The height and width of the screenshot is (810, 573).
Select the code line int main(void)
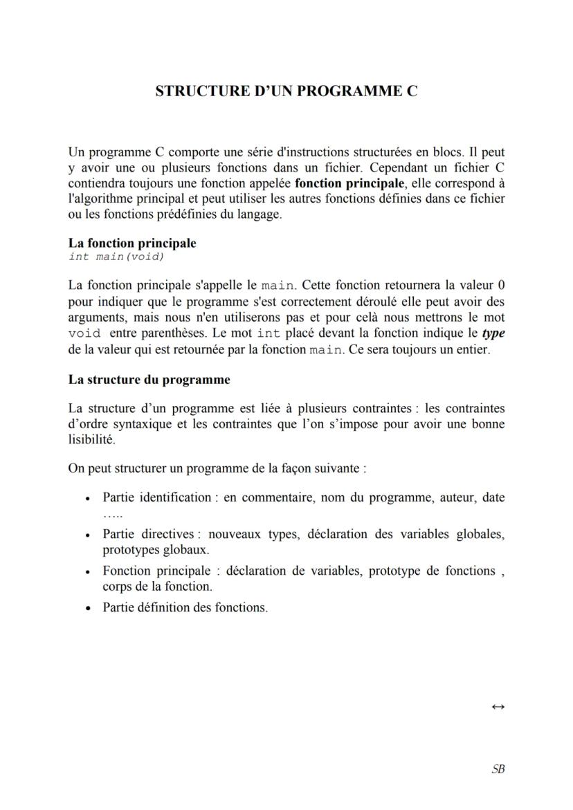[x=116, y=257]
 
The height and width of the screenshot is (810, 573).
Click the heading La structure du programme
[x=149, y=380]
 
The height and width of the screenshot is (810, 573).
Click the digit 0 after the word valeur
[x=501, y=285]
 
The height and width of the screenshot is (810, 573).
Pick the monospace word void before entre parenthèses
[x=84, y=333]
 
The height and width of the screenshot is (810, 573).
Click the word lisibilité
[x=91, y=439]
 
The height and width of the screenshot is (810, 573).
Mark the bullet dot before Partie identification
[x=87, y=499]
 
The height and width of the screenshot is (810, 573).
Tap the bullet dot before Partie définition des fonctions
[x=87, y=609]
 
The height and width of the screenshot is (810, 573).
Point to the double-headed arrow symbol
[x=498, y=707]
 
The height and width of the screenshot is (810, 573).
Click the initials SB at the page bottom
[x=498, y=769]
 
